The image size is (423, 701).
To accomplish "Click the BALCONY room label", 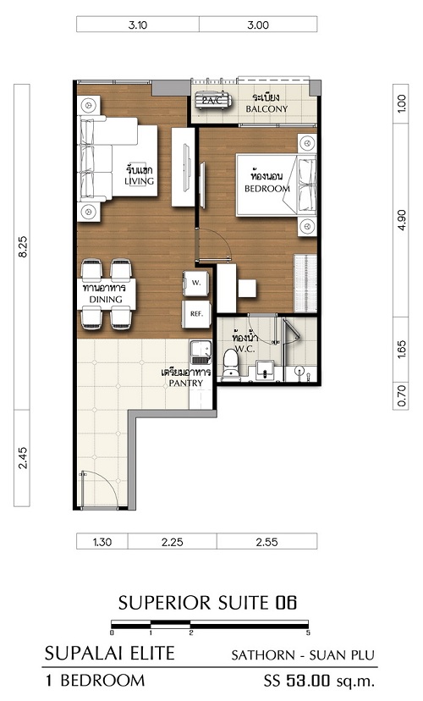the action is click(x=266, y=108).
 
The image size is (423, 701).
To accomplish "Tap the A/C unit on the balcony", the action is click(x=213, y=101).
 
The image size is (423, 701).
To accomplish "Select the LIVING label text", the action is click(x=139, y=181).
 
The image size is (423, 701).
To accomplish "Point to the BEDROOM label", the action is click(x=267, y=189).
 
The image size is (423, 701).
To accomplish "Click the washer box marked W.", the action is click(x=196, y=283).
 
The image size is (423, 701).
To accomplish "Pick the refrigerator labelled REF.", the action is click(x=196, y=314).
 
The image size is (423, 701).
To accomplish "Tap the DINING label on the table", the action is click(x=106, y=300).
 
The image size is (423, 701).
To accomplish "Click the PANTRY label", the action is click(x=186, y=384).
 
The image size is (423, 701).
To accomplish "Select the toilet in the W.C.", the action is click(x=231, y=363).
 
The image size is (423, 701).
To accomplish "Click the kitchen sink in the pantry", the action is click(x=201, y=353).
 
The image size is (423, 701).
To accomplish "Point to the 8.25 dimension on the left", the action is click(x=23, y=246).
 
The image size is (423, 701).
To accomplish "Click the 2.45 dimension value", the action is click(x=23, y=458).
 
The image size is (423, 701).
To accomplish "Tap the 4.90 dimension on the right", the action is click(x=402, y=220).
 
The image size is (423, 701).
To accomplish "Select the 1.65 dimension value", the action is click(x=402, y=349).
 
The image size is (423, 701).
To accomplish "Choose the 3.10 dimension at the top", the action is click(x=138, y=25).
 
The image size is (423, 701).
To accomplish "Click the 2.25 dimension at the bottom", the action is click(x=173, y=543).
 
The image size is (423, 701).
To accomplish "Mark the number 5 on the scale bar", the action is click(x=308, y=633).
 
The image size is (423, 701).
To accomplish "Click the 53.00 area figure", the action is click(x=308, y=681).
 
